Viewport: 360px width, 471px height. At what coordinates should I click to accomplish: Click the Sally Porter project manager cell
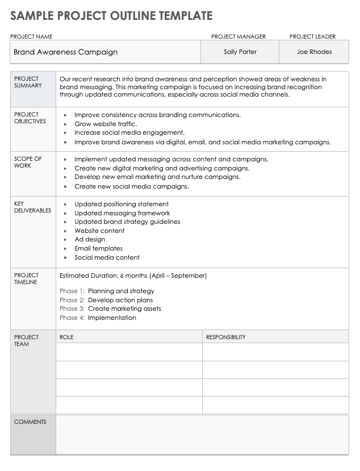pyautogui.click(x=240, y=52)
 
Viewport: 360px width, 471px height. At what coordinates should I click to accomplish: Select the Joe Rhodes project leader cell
pyautogui.click(x=314, y=52)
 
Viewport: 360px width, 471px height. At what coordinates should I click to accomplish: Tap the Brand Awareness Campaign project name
pyautogui.click(x=65, y=52)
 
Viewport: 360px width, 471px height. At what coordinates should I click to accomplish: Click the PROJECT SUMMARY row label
pyautogui.click(x=27, y=82)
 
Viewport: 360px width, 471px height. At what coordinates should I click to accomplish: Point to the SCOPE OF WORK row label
pyautogui.click(x=28, y=162)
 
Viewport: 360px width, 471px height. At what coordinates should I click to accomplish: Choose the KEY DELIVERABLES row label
pyautogui.click(x=32, y=207)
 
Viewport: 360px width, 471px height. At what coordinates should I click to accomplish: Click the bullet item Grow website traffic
pyautogui.click(x=106, y=124)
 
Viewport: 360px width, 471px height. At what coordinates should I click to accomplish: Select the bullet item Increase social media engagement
pyautogui.click(x=129, y=132)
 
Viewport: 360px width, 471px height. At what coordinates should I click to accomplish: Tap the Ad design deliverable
pyautogui.click(x=90, y=239)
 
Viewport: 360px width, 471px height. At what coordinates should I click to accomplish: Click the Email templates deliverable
pyautogui.click(x=98, y=248)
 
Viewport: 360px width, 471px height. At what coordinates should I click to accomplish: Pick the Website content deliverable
pyautogui.click(x=99, y=231)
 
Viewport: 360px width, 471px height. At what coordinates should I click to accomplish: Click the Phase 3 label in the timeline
pyautogui.click(x=72, y=309)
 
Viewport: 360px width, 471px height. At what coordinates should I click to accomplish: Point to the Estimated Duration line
pyautogui.click(x=133, y=276)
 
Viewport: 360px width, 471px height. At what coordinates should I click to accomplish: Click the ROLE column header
pyautogui.click(x=66, y=337)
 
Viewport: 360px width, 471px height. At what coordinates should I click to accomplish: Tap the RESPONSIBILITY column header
pyautogui.click(x=225, y=337)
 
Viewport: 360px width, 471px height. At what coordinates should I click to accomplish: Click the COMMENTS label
pyautogui.click(x=30, y=422)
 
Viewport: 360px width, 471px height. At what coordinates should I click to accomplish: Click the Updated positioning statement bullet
pyautogui.click(x=122, y=204)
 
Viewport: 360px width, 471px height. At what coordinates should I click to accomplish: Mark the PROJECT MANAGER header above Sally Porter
pyautogui.click(x=238, y=36)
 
